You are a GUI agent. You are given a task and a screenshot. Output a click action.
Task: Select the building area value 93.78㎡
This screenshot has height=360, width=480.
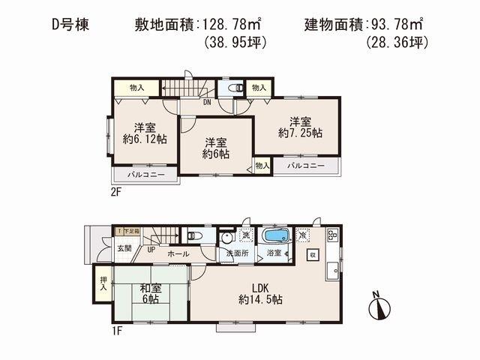pos(401,25)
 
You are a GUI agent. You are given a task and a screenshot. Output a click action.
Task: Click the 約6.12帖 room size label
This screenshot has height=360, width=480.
pos(145,139)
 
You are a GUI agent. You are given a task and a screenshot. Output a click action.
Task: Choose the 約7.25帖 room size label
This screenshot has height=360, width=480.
pos(300,133)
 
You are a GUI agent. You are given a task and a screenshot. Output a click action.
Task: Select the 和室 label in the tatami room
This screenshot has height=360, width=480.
pos(151,287)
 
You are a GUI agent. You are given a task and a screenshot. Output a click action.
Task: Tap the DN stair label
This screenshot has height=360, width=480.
pos(205,103)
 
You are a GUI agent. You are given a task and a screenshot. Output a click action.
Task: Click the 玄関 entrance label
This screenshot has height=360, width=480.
pos(124,247)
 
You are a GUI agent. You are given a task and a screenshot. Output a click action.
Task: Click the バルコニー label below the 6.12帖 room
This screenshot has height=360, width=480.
pos(143,175)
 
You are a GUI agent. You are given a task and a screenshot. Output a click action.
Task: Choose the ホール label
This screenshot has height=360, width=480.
pos(178,255)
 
